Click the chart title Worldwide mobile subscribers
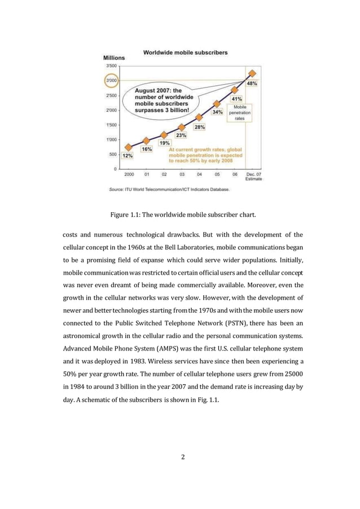click(x=185, y=52)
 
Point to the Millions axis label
click(x=114, y=58)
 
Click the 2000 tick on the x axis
click(x=129, y=174)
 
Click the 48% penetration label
click(x=252, y=84)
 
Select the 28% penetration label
click(x=200, y=127)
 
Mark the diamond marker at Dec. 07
click(x=253, y=73)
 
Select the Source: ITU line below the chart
click(x=169, y=190)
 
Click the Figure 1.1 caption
click(x=179, y=214)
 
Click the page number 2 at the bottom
click(x=183, y=472)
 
